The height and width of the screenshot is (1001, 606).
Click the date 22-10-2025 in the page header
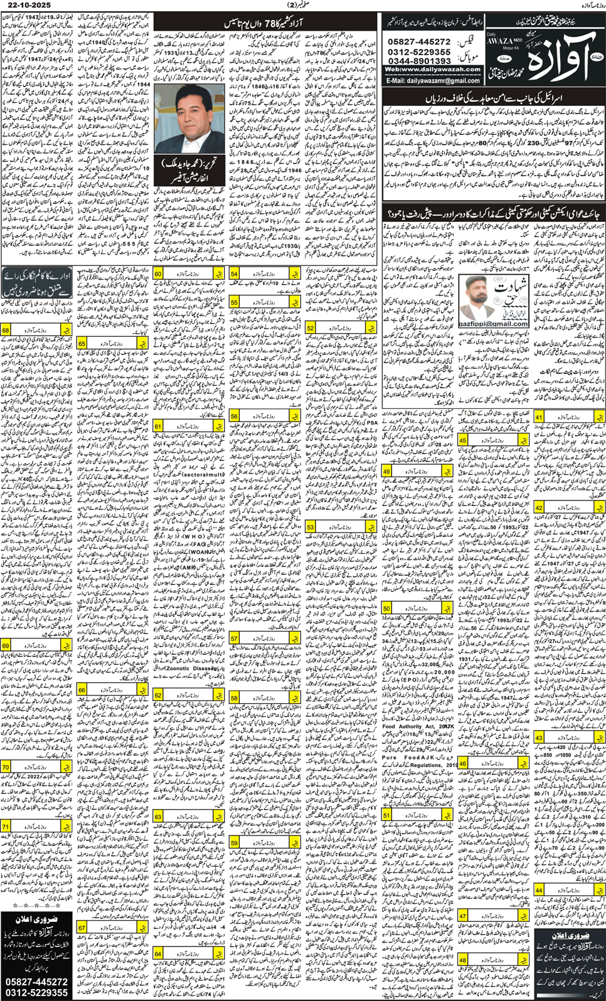coord(26,5)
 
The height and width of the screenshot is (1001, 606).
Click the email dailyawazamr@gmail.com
coord(433,81)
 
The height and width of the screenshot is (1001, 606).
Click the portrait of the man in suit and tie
coord(189,119)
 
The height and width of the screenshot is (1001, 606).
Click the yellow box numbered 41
coord(539,417)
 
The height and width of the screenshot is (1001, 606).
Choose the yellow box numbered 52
coord(311,327)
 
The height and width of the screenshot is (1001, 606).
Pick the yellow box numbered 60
coord(158,274)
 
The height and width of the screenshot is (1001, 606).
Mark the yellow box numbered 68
coord(6,330)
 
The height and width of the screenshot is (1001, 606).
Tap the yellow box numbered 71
coord(6,827)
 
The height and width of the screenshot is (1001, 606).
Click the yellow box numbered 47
coord(463,916)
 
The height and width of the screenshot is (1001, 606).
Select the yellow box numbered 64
coord(158,954)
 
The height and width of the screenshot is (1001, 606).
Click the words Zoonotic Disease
coord(188,669)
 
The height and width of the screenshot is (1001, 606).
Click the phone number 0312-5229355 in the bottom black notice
coord(36,992)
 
